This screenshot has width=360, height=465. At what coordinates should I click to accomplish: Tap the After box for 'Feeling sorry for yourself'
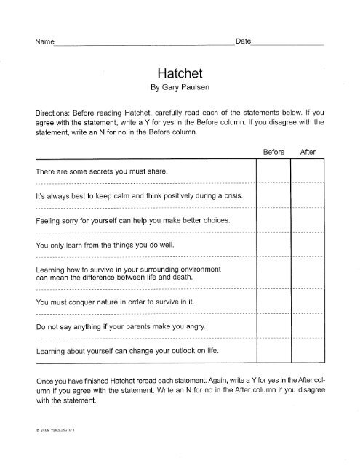tap(308, 220)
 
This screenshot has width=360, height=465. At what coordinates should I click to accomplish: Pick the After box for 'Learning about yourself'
tap(308, 351)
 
